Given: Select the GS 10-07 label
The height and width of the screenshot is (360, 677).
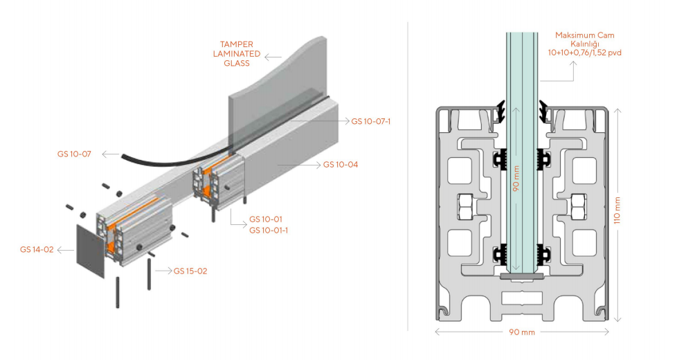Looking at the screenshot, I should click(74, 153).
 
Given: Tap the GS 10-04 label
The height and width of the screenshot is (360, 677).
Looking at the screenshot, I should click(341, 165).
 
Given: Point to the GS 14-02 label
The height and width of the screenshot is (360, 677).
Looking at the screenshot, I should click(37, 249).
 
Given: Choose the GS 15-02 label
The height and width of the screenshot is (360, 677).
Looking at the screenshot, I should click(190, 271).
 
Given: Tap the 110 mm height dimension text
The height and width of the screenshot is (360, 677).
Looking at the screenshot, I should click(627, 210).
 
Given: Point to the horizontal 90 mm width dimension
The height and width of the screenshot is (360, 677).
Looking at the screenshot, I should click(522, 332).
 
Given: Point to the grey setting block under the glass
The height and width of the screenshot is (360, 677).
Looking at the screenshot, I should click(521, 276).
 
